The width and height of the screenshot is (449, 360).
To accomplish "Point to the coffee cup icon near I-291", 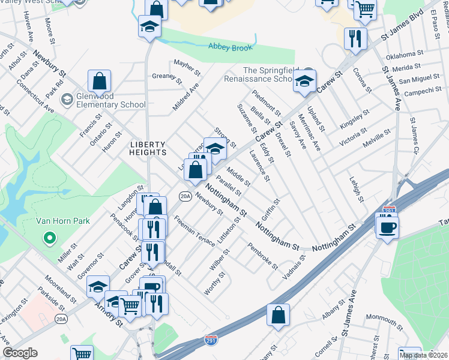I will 387,226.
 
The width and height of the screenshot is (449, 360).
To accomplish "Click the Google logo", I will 20,353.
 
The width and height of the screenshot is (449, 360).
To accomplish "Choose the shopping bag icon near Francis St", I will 99,81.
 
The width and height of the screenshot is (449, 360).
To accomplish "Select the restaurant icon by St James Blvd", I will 355,38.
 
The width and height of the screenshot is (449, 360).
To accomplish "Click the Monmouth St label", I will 384,316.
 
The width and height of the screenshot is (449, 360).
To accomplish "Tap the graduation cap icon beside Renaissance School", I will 304,81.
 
